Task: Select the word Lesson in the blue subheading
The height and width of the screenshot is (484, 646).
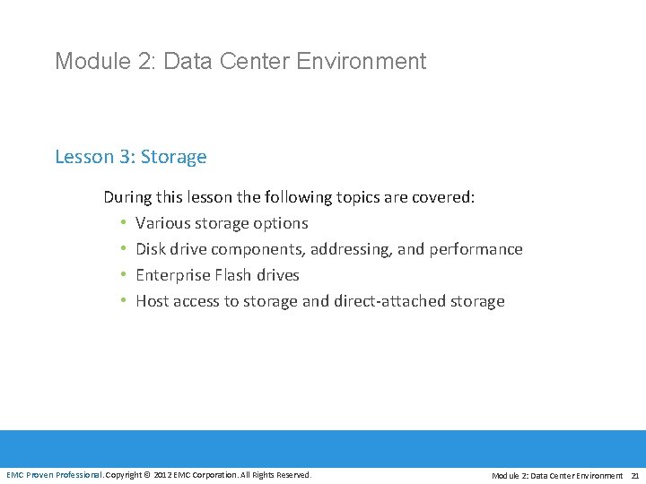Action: [83, 157]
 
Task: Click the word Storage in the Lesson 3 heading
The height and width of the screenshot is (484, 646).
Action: [173, 157]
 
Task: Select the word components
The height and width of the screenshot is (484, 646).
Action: [258, 249]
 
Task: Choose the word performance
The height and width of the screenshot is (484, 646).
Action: [475, 249]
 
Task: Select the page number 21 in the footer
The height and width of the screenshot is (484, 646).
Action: [635, 476]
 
